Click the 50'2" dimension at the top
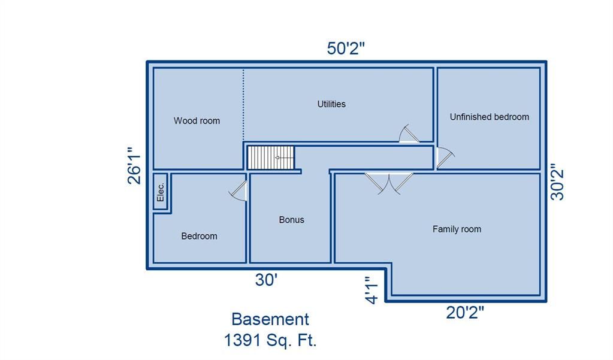click(x=346, y=49)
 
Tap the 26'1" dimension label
click(x=134, y=165)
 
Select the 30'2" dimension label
click(x=557, y=184)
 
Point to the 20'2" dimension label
click(x=465, y=313)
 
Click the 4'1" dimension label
click(x=372, y=290)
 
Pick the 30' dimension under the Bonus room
click(x=266, y=280)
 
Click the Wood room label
click(x=197, y=121)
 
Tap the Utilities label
click(x=331, y=104)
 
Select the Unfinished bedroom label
click(x=490, y=117)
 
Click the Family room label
click(x=457, y=229)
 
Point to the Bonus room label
click(x=292, y=220)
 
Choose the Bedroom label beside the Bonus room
click(x=199, y=236)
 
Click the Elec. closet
click(x=160, y=192)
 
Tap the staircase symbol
click(x=271, y=158)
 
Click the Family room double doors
click(x=389, y=183)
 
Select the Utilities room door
click(x=409, y=134)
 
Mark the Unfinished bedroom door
click(x=445, y=158)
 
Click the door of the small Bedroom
click(x=238, y=190)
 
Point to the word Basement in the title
click(x=270, y=319)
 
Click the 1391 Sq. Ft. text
click(x=270, y=340)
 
